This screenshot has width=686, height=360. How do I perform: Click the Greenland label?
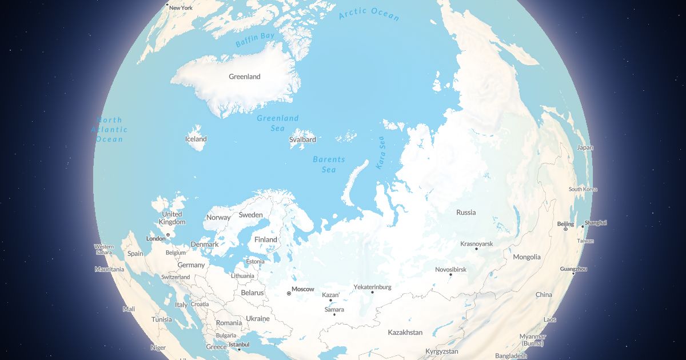point(244,77)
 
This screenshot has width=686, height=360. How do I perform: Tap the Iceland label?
point(196,139)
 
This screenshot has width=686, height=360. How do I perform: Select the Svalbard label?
point(302,139)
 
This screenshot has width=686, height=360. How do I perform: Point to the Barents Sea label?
point(329,165)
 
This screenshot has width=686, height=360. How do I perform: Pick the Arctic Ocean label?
point(369,14)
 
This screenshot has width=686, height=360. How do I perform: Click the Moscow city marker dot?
point(289,294)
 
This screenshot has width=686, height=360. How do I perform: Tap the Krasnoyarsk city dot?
point(476,249)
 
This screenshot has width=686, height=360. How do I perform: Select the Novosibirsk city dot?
point(450,274)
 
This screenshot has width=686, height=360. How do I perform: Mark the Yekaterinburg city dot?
point(372,293)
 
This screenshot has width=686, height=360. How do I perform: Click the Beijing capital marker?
point(565,229)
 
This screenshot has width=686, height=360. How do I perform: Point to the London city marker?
point(167,234)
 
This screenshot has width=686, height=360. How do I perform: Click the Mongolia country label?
point(527,257)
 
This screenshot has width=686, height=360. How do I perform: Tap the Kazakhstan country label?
point(405,332)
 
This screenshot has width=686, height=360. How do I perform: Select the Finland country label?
point(265,239)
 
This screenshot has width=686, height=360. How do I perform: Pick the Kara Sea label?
point(381,153)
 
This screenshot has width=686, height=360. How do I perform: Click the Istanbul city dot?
point(239,349)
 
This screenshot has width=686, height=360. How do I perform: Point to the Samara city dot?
point(334,315)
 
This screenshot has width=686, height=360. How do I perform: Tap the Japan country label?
point(585,147)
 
